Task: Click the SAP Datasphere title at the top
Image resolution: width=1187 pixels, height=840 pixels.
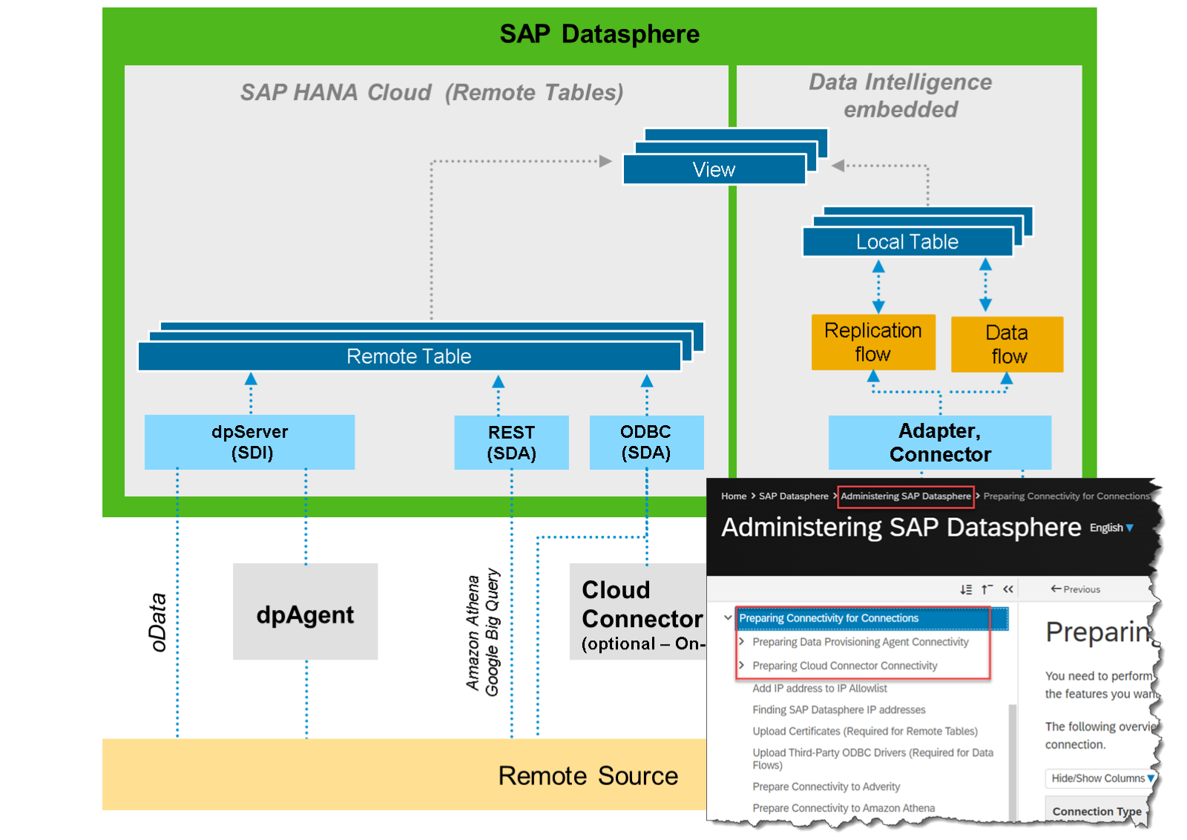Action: (x=599, y=34)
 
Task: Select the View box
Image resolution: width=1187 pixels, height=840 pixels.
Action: (x=714, y=170)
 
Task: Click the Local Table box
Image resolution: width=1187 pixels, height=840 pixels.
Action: (x=907, y=242)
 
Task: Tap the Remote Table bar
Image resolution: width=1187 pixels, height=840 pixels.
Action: (x=409, y=356)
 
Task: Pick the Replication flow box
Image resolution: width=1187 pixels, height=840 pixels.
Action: (x=872, y=342)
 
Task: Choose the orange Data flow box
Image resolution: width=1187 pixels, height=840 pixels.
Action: (x=1007, y=344)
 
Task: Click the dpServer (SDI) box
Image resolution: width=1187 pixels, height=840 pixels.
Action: (x=249, y=442)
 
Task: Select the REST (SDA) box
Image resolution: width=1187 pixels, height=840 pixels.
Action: (x=511, y=443)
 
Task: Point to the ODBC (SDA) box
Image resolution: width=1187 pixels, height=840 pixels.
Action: (x=645, y=442)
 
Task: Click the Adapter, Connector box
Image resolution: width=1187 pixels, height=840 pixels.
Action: (x=939, y=442)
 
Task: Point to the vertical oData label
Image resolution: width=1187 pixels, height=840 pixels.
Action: (x=157, y=622)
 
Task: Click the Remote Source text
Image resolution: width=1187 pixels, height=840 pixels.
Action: (x=588, y=775)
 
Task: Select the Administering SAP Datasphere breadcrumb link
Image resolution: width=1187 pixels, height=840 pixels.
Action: (x=905, y=496)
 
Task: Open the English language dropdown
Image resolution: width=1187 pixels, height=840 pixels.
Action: (x=1111, y=528)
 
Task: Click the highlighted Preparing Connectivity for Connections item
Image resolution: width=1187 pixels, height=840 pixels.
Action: (x=828, y=618)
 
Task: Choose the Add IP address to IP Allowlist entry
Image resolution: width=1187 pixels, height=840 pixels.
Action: (x=819, y=689)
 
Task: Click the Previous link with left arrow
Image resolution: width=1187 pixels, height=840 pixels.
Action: (x=1075, y=589)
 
